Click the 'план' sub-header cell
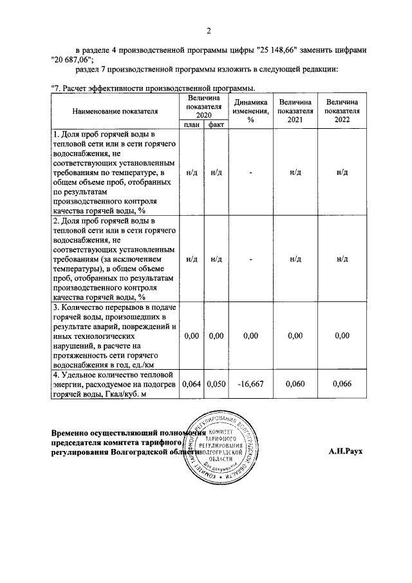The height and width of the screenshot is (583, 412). pos(191,124)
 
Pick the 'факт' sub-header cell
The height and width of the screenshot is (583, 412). pos(216,124)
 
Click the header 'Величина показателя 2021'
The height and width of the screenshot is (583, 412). pos(295,111)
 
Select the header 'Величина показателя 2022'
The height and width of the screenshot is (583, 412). pos(342,111)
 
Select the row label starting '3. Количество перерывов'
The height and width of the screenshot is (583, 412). pos(115,336)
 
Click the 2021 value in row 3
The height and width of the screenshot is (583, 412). pos(295,336)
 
